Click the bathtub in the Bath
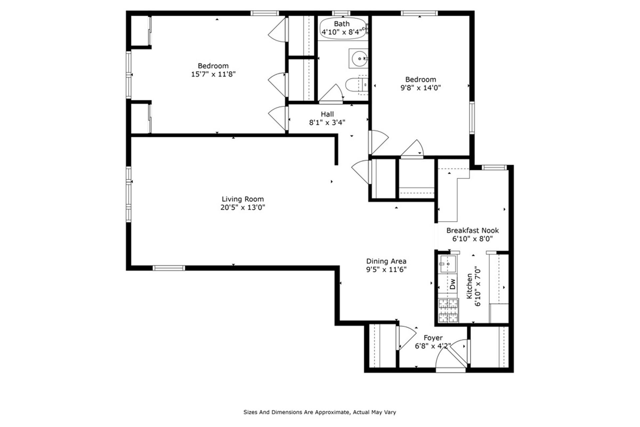[342, 28]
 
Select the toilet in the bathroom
[356, 85]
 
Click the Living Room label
[243, 199]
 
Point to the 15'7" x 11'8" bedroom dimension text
[213, 74]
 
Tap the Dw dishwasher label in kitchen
[452, 284]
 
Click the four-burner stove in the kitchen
[448, 311]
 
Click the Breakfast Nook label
[472, 230]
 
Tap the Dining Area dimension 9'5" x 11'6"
[386, 270]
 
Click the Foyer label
[433, 338]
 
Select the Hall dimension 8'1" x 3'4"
[327, 122]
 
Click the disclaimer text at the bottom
[320, 412]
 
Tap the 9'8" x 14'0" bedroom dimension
[420, 88]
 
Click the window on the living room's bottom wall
[169, 268]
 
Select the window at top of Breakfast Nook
[494, 167]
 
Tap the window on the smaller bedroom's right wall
[472, 118]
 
